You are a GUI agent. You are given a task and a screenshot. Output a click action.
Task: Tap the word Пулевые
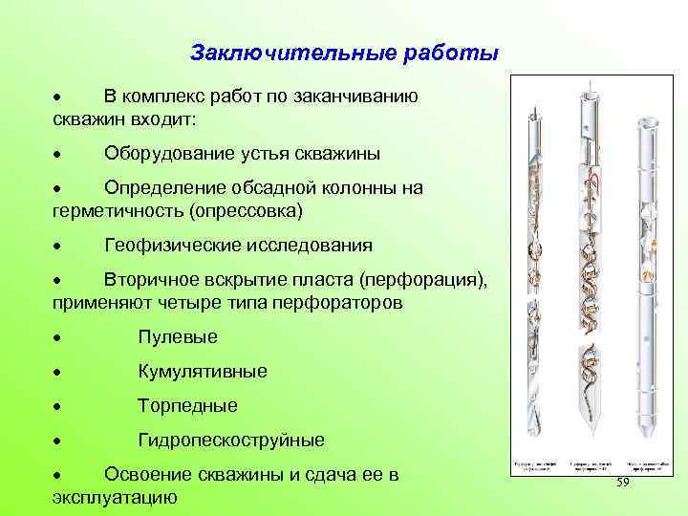tap(178, 336)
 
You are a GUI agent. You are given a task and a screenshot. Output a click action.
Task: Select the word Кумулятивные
tap(203, 371)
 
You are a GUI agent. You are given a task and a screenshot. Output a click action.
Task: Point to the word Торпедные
tap(187, 405)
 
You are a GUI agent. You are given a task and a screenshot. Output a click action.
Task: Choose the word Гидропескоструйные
tap(231, 440)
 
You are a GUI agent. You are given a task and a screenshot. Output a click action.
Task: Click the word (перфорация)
tap(424, 280)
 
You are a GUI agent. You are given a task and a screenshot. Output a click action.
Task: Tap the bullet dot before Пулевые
tap(58, 338)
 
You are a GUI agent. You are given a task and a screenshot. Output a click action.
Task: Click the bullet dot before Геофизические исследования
tap(58, 247)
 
